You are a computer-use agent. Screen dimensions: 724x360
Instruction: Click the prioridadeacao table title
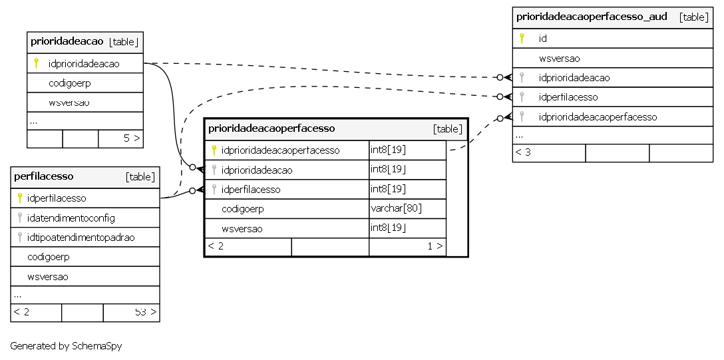click(67, 41)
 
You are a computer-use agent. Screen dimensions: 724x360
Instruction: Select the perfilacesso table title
click(44, 176)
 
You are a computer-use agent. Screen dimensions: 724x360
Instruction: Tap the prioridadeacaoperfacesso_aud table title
click(592, 17)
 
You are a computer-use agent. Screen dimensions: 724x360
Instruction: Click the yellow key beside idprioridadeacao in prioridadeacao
click(36, 63)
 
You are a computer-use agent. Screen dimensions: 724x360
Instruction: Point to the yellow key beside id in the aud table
click(522, 39)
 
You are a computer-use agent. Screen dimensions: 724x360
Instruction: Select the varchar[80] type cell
click(396, 208)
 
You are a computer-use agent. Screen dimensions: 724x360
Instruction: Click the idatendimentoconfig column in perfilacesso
click(71, 218)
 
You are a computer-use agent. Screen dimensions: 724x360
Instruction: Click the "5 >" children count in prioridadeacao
click(132, 138)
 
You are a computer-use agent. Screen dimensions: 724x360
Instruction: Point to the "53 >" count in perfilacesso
click(146, 312)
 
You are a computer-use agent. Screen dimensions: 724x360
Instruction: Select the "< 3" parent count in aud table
click(523, 152)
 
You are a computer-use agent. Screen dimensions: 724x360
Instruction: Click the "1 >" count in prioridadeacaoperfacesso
click(435, 246)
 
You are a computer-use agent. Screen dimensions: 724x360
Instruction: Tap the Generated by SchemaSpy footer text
click(66, 345)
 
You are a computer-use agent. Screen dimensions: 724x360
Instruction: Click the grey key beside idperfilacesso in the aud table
click(522, 97)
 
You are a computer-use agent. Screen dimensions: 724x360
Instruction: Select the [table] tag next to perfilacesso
click(140, 177)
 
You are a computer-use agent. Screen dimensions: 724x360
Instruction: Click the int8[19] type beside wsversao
click(388, 228)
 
